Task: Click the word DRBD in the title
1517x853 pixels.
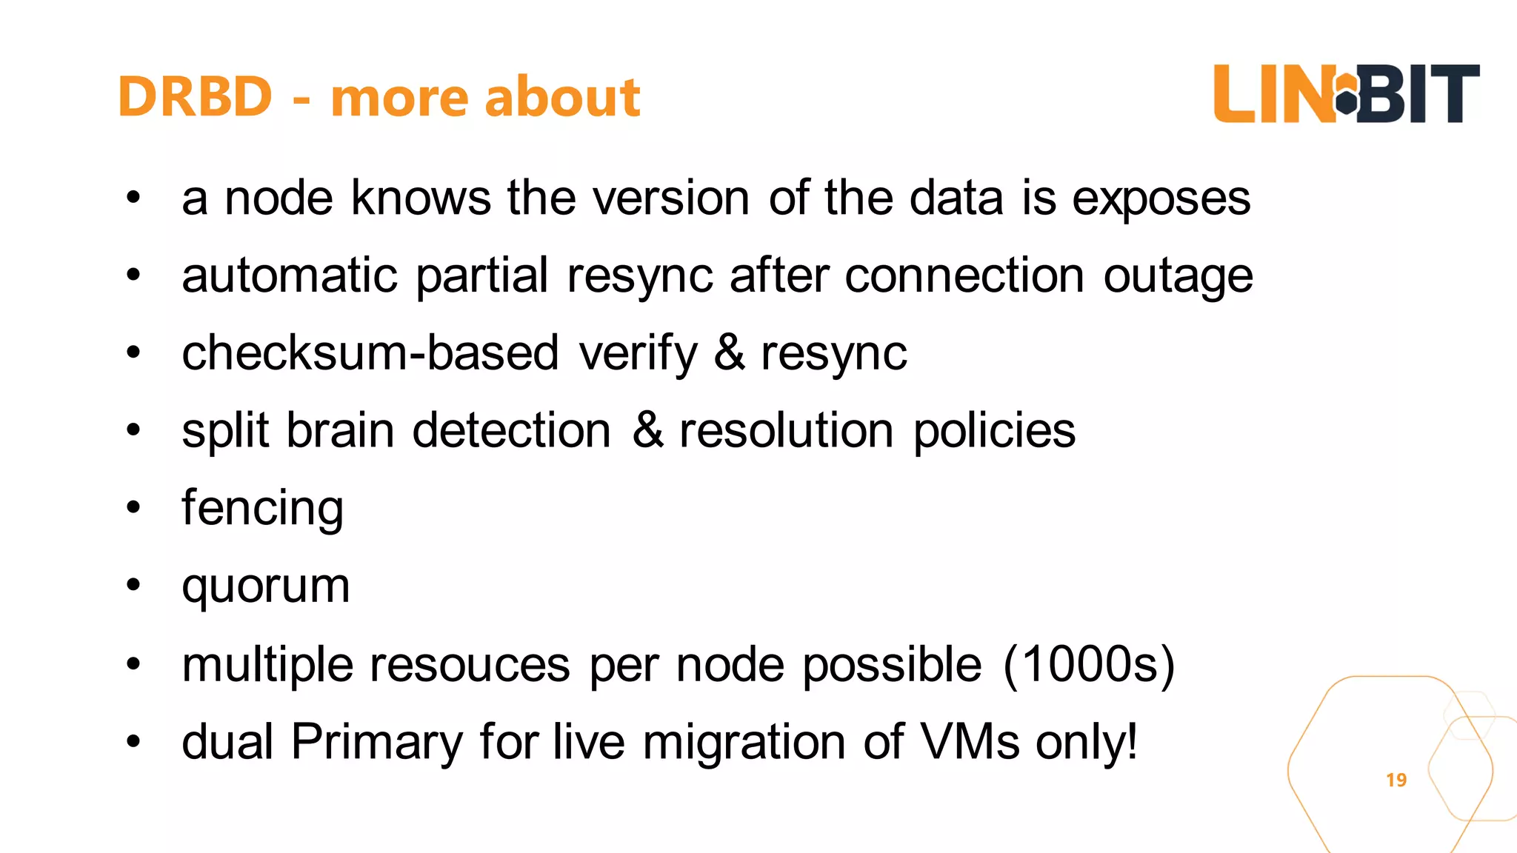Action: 195,97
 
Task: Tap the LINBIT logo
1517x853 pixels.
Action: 1346,94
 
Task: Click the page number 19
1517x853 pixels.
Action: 1396,780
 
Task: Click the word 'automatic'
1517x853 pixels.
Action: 290,275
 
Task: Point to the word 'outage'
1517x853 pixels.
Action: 1178,277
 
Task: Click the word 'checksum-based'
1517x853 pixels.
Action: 370,352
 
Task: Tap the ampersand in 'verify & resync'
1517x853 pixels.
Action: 730,352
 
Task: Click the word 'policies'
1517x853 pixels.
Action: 994,430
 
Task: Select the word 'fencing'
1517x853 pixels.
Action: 262,509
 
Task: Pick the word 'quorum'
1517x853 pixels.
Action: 265,587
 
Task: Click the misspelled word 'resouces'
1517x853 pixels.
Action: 470,664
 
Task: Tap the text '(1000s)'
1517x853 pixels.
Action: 1089,664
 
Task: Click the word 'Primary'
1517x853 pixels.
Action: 376,742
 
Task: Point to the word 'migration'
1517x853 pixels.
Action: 744,742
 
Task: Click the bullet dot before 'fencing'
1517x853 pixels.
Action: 133,508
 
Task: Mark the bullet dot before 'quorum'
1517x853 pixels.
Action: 133,586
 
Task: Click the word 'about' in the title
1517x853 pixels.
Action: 562,97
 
